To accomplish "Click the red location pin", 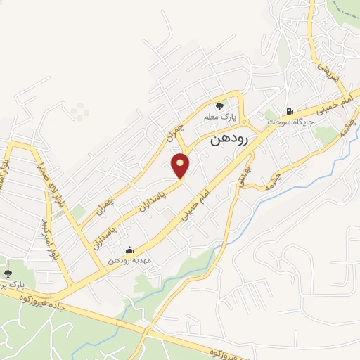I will (x=181, y=165).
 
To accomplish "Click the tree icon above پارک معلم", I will (x=220, y=106).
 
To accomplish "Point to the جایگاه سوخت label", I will (x=291, y=122).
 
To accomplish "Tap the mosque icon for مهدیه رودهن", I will (x=129, y=250).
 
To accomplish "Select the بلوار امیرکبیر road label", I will (x=49, y=240).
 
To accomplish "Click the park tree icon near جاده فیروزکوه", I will (x=8, y=274).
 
